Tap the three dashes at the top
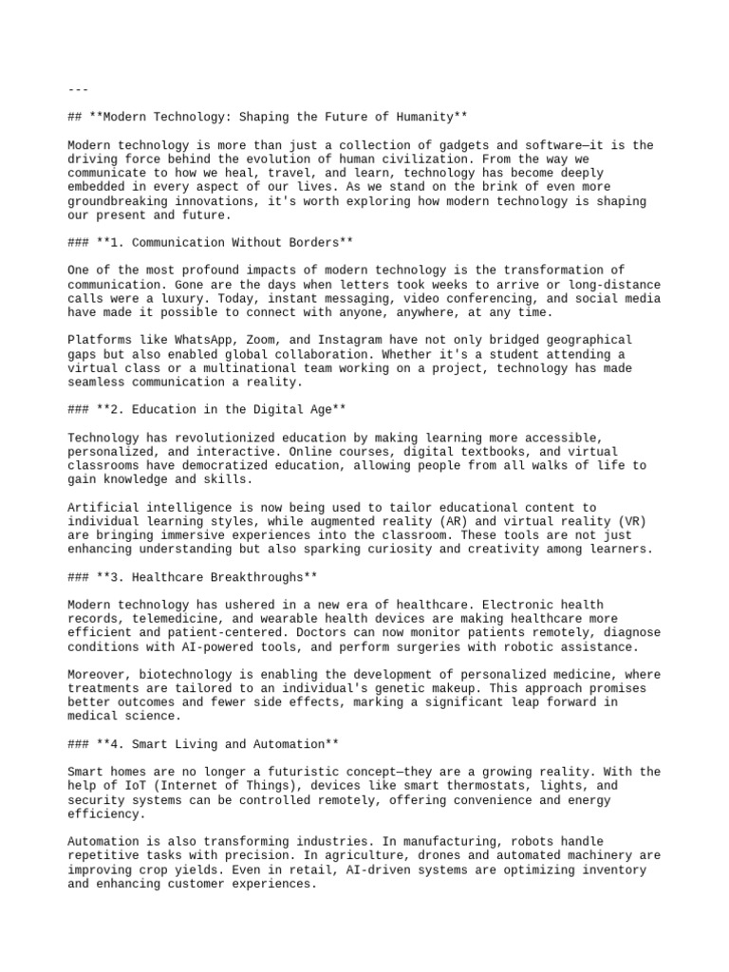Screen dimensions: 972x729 tap(78, 89)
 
